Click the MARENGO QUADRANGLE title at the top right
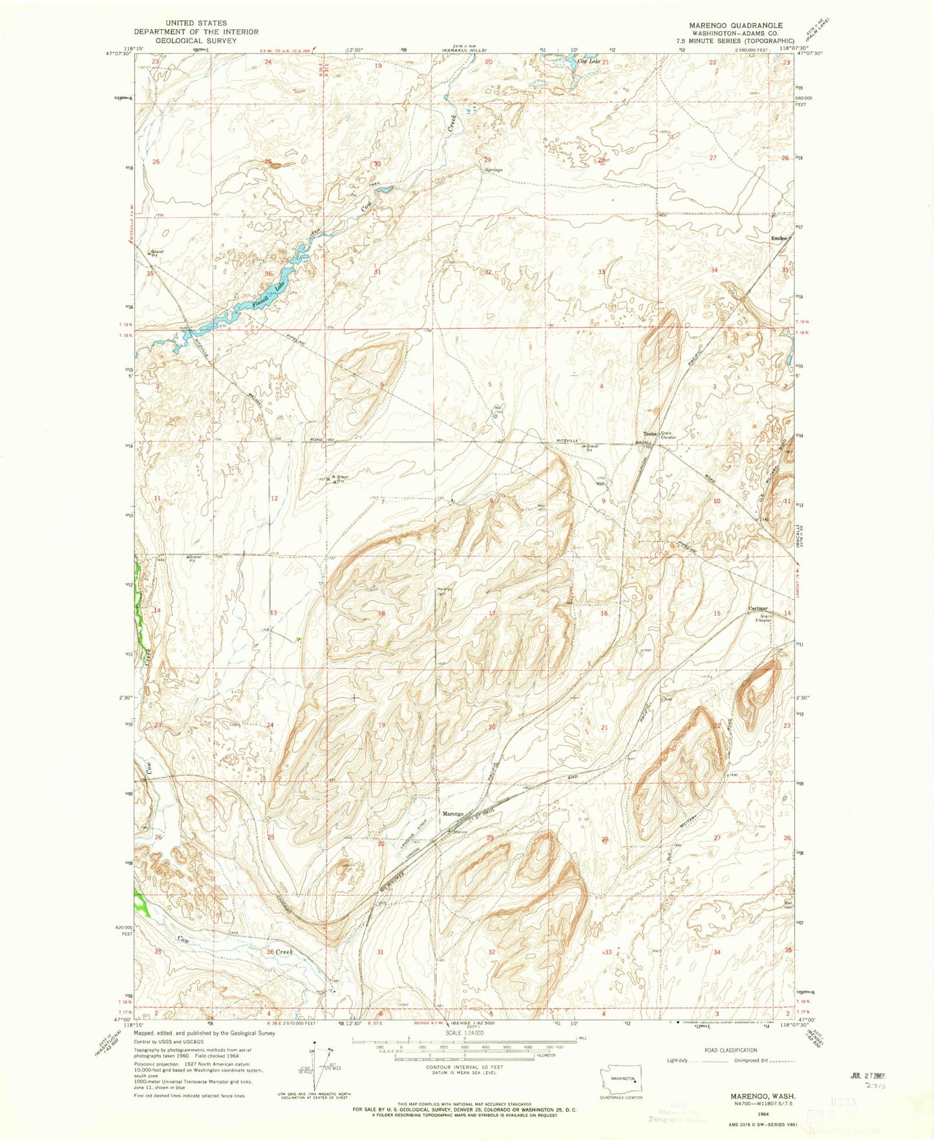726,25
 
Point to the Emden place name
779,238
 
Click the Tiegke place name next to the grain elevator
649,434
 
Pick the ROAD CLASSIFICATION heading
714,1050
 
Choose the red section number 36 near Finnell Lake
269,273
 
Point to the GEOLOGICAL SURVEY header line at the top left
196,40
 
